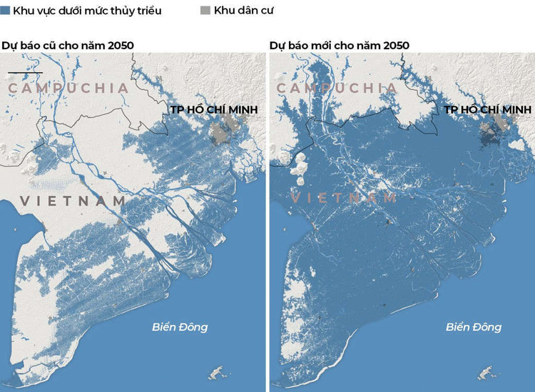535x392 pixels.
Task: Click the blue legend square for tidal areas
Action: point(6,11)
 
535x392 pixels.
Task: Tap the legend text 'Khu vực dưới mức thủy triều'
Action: point(87,11)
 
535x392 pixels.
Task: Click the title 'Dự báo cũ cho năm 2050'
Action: point(68,45)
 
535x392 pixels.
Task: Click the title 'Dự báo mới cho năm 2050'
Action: point(339,45)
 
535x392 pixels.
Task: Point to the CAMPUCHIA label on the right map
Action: point(337,88)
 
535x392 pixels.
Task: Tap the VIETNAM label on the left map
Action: point(73,201)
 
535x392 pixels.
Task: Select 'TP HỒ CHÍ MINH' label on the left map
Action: point(213,109)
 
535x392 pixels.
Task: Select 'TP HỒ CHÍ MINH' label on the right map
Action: point(488,109)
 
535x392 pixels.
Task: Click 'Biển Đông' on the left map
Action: point(180,327)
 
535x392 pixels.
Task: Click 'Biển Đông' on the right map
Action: point(474,327)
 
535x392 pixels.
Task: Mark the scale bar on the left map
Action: point(25,73)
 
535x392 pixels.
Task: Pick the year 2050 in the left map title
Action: point(120,45)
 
